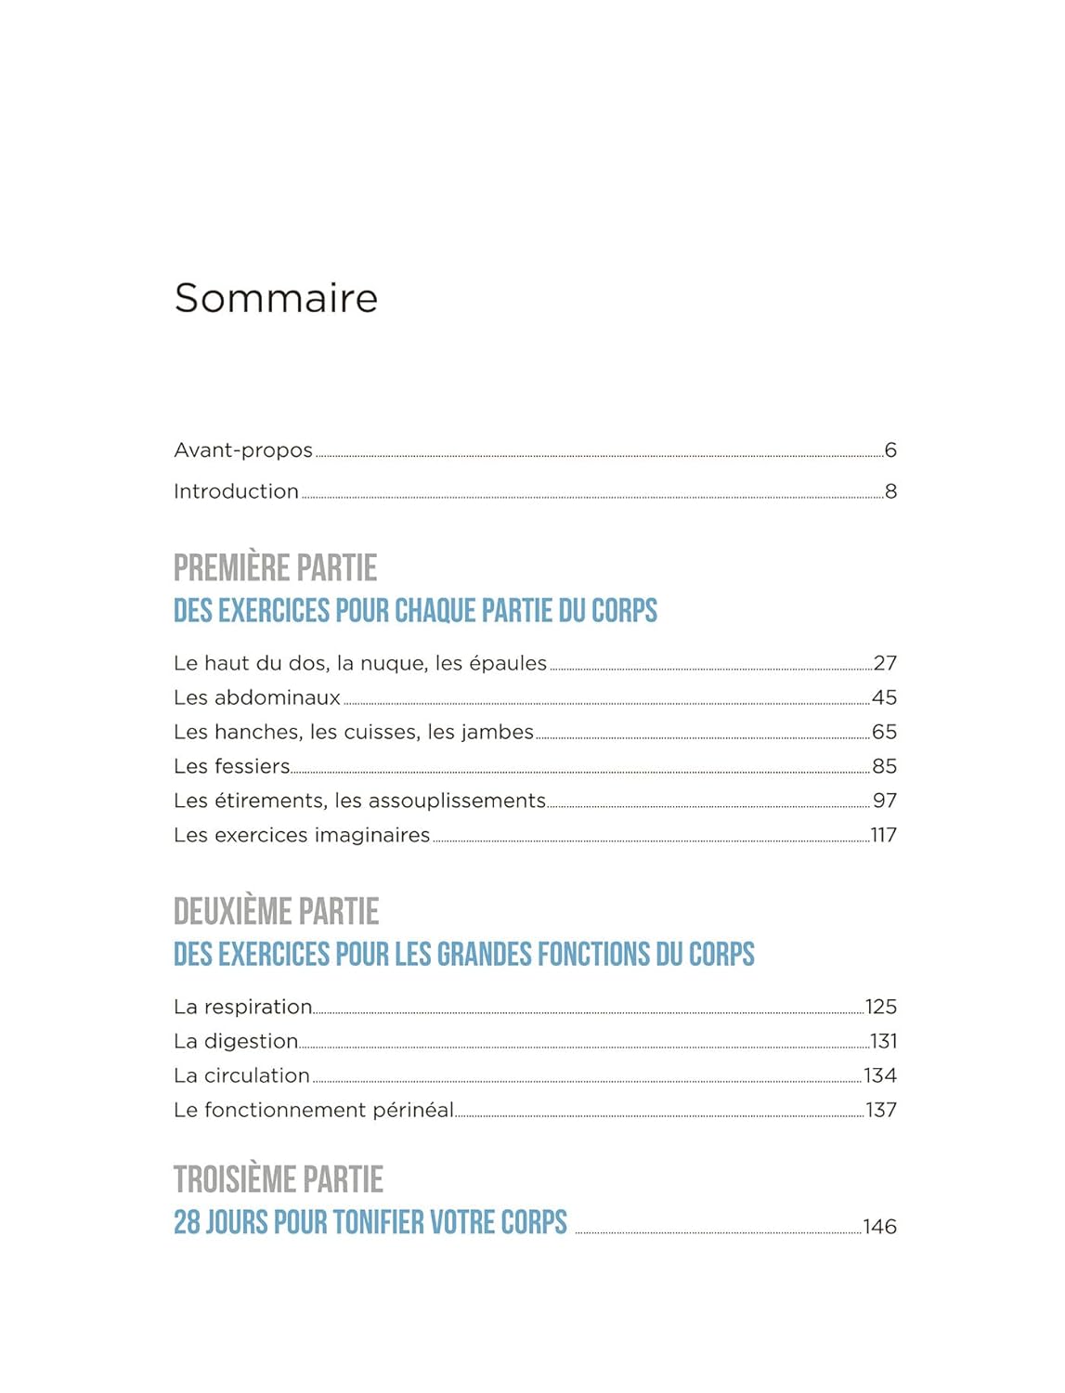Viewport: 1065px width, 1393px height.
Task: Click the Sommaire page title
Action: tap(276, 298)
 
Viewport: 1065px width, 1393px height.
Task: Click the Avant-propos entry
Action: tap(243, 450)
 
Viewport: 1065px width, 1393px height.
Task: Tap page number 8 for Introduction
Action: tap(890, 491)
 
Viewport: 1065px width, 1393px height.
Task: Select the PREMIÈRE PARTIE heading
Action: tap(275, 567)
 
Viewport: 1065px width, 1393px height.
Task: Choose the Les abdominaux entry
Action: tap(257, 697)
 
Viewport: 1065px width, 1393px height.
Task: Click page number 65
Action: tap(884, 732)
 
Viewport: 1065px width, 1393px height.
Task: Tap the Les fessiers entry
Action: tap(232, 766)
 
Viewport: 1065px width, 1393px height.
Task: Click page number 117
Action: tap(883, 835)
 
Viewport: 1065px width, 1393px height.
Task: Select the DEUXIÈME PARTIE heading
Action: tap(276, 911)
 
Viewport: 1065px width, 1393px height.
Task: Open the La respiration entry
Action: tap(243, 1007)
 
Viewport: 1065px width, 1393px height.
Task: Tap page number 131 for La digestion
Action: tap(883, 1041)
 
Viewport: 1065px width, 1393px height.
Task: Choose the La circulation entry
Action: tap(241, 1075)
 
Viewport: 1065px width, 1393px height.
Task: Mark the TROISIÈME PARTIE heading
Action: tap(278, 1179)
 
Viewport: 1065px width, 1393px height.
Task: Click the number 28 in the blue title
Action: tap(187, 1222)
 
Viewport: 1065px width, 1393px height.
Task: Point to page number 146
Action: tap(879, 1227)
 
